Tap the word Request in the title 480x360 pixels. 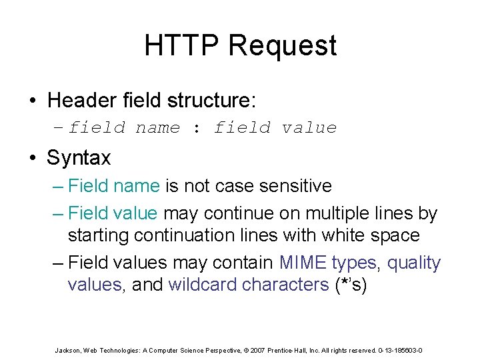[282, 46]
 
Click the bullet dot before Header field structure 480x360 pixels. [32, 101]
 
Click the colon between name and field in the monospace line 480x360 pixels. [196, 128]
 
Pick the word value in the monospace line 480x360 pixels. [309, 128]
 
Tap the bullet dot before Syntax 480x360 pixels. [32, 159]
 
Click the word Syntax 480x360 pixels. [79, 159]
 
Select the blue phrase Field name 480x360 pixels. [113, 186]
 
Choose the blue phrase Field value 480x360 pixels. [113, 214]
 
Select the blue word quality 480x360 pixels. [414, 263]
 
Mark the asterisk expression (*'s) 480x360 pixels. [351, 285]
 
